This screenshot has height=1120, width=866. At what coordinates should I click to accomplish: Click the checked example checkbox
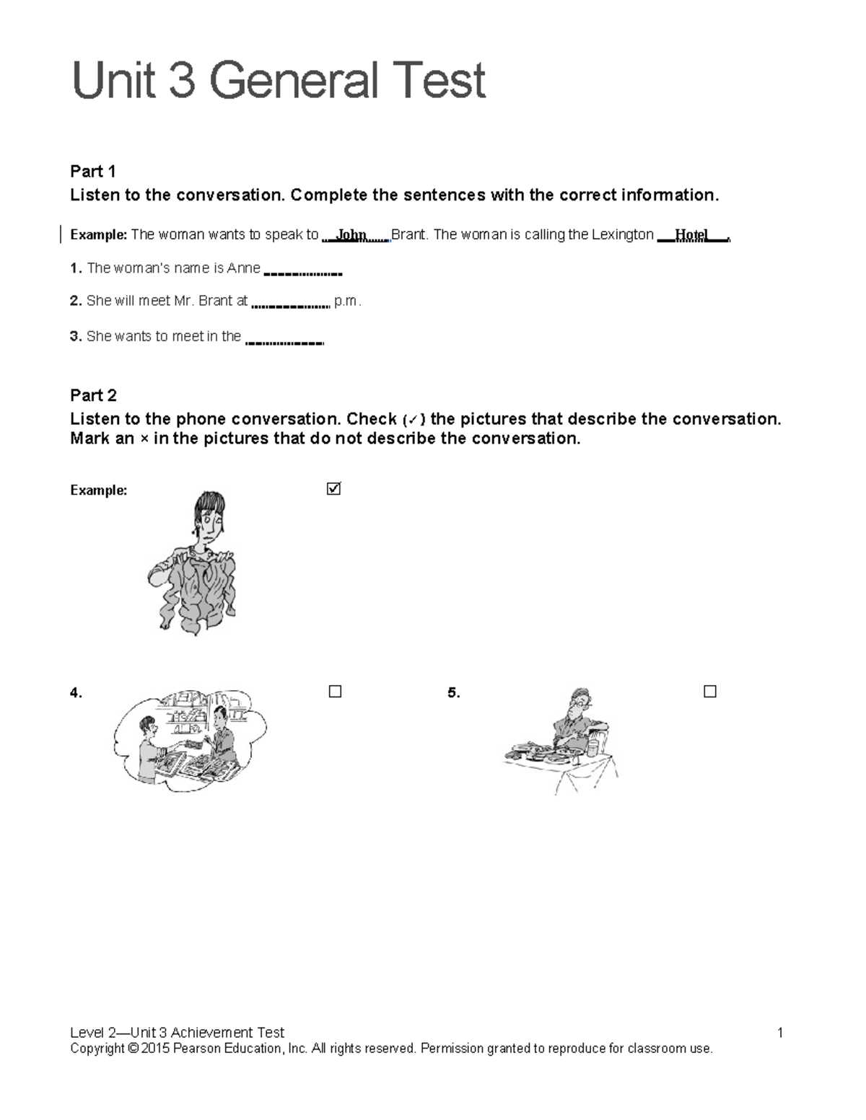pos(333,489)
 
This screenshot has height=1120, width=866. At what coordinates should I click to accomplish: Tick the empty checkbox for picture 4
pos(335,692)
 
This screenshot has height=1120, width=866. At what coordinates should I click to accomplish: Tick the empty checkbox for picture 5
pos(710,692)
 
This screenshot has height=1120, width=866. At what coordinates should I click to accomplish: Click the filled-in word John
pos(351,235)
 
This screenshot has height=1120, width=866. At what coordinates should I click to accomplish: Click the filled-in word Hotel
pos(691,235)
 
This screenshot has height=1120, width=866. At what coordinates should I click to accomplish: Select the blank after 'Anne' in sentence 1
pos(303,272)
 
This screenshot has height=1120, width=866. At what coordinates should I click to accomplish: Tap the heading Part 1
pos(93,172)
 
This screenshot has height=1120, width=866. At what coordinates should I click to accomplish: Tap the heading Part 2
pos(93,395)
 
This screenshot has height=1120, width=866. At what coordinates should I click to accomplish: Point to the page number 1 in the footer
pos(780,1033)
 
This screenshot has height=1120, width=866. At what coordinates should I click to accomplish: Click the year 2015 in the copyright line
pos(155,1049)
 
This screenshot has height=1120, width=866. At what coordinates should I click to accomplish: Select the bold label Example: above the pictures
pos(99,490)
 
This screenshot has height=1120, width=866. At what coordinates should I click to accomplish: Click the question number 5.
pos(453,693)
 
